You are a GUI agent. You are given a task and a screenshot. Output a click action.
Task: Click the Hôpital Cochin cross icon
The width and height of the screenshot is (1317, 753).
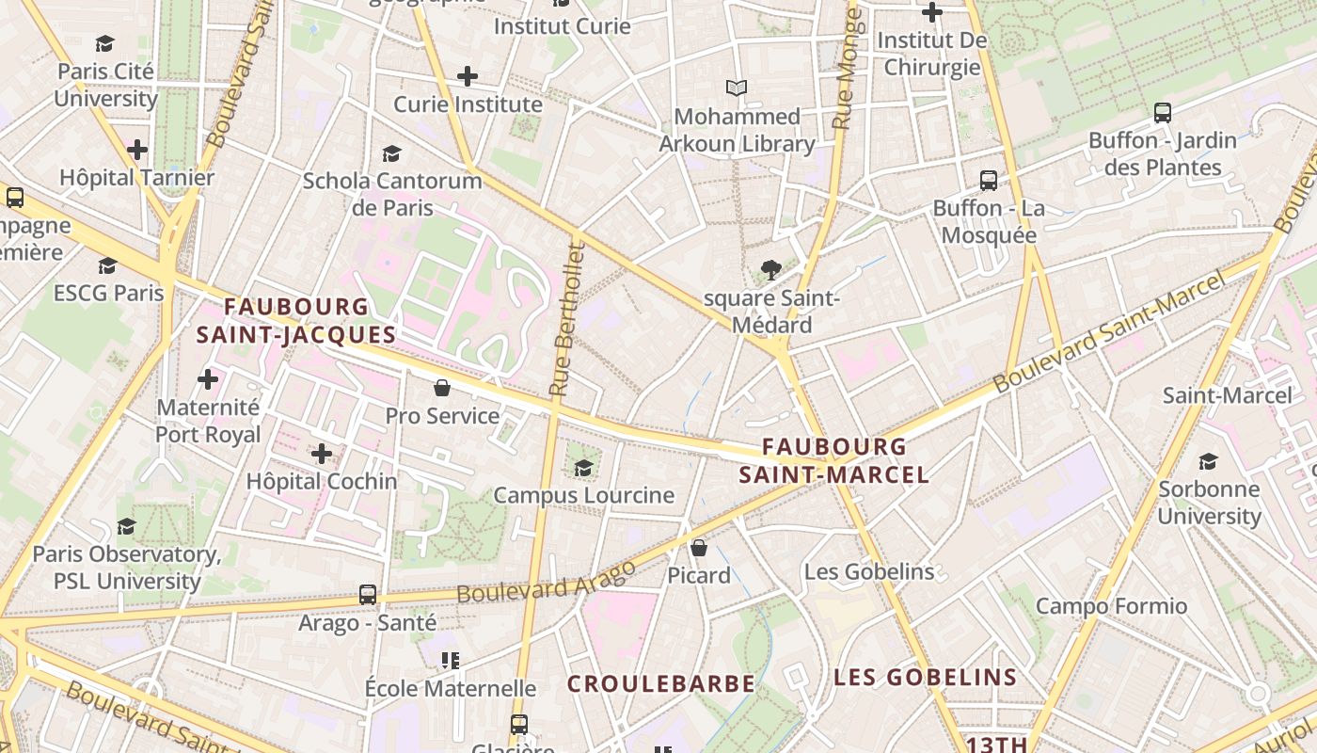[322, 454]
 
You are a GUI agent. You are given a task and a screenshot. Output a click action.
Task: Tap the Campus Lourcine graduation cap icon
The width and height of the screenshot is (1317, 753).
[583, 468]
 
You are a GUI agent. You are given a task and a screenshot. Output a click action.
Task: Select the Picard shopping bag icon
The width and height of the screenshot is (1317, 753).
[699, 548]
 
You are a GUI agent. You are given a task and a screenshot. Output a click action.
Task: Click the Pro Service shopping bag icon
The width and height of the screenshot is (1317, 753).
[441, 388]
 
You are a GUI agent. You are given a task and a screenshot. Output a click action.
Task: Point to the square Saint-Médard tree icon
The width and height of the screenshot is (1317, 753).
[770, 271]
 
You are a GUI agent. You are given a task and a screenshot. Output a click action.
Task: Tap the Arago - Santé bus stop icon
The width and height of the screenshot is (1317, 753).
[368, 595]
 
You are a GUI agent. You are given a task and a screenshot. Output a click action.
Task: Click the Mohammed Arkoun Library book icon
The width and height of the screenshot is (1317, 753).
[737, 88]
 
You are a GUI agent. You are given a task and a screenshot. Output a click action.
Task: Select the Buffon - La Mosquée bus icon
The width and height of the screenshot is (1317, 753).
[988, 181]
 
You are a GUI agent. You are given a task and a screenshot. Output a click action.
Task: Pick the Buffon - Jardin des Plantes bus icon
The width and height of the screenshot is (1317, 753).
[1163, 113]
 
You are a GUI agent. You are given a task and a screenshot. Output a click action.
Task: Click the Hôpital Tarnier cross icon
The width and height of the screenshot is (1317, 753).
[137, 150]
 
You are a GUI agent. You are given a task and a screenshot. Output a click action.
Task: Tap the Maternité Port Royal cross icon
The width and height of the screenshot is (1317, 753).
[208, 379]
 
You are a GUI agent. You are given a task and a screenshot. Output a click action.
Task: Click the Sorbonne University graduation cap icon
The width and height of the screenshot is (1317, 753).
[1208, 461]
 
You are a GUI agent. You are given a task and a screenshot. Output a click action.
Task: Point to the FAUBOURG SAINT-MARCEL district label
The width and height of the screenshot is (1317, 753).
[834, 460]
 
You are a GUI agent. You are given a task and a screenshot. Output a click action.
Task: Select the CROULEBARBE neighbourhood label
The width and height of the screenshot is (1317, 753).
[660, 684]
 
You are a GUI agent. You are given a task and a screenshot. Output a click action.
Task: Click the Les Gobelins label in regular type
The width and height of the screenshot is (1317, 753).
[869, 571]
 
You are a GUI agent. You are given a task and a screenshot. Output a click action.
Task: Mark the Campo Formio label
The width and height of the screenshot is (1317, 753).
[1111, 606]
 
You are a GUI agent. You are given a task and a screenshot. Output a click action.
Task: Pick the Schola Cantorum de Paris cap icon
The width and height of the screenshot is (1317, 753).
[391, 153]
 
